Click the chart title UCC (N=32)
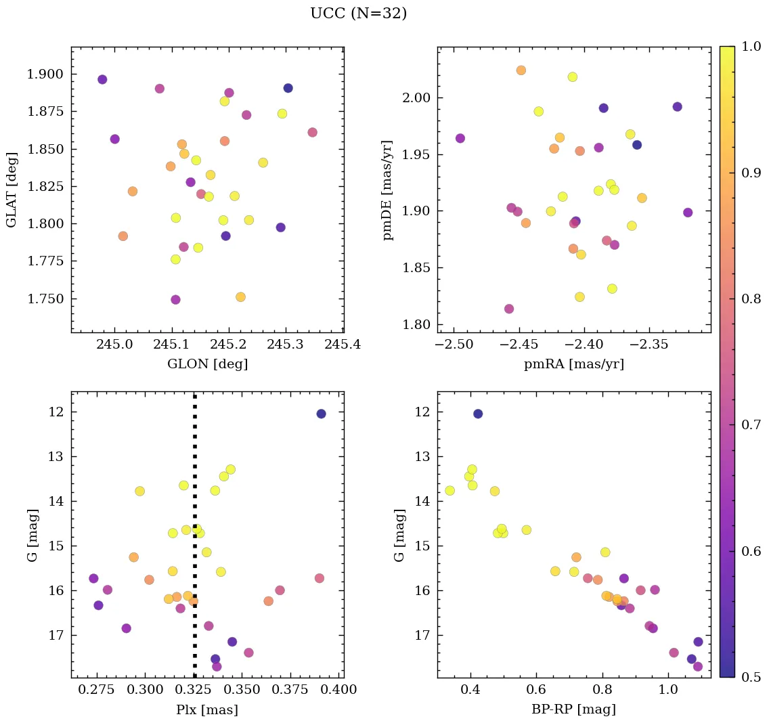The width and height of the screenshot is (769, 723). (x=358, y=14)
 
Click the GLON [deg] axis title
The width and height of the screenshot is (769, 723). (x=207, y=364)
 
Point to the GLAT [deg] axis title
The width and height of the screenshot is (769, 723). (x=12, y=190)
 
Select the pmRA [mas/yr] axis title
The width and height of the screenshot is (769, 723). (x=574, y=364)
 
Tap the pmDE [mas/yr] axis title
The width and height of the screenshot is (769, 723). (x=388, y=190)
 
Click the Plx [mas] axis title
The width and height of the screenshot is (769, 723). (x=207, y=709)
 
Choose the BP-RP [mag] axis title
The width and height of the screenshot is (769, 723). (x=574, y=709)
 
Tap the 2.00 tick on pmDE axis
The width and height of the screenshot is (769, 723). (x=416, y=98)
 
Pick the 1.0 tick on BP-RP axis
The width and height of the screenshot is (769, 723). (x=669, y=690)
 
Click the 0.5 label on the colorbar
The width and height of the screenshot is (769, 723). (x=751, y=677)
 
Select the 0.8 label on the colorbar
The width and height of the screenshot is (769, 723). (x=751, y=299)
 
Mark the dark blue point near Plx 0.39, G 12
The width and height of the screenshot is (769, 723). (x=321, y=414)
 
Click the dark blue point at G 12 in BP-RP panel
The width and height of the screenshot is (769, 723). (x=478, y=414)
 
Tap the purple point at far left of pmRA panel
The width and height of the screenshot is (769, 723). (x=460, y=138)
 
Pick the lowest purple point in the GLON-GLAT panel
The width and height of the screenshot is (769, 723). (x=175, y=299)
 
